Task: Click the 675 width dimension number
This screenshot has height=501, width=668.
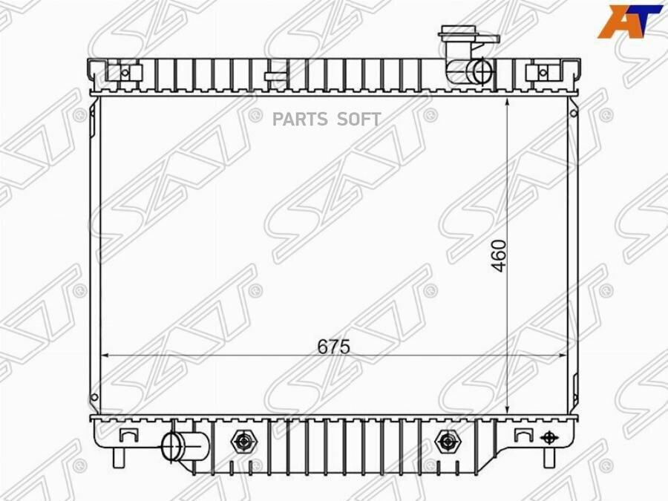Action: click(x=333, y=347)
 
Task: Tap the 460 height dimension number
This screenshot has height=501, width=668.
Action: click(x=499, y=255)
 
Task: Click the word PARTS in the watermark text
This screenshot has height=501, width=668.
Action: click(x=301, y=119)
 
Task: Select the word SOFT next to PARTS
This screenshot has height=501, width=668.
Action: click(x=360, y=119)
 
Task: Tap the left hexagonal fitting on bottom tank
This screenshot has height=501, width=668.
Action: click(x=242, y=442)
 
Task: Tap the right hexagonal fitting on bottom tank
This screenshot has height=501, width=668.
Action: click(x=446, y=442)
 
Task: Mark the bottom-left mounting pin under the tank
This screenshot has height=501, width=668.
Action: click(x=118, y=458)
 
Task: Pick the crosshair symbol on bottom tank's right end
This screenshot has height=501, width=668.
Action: click(x=549, y=437)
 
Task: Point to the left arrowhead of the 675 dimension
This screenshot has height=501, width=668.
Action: click(x=105, y=356)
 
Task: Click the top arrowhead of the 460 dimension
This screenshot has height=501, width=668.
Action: click(x=507, y=101)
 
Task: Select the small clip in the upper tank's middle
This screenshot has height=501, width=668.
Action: click(x=275, y=74)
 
